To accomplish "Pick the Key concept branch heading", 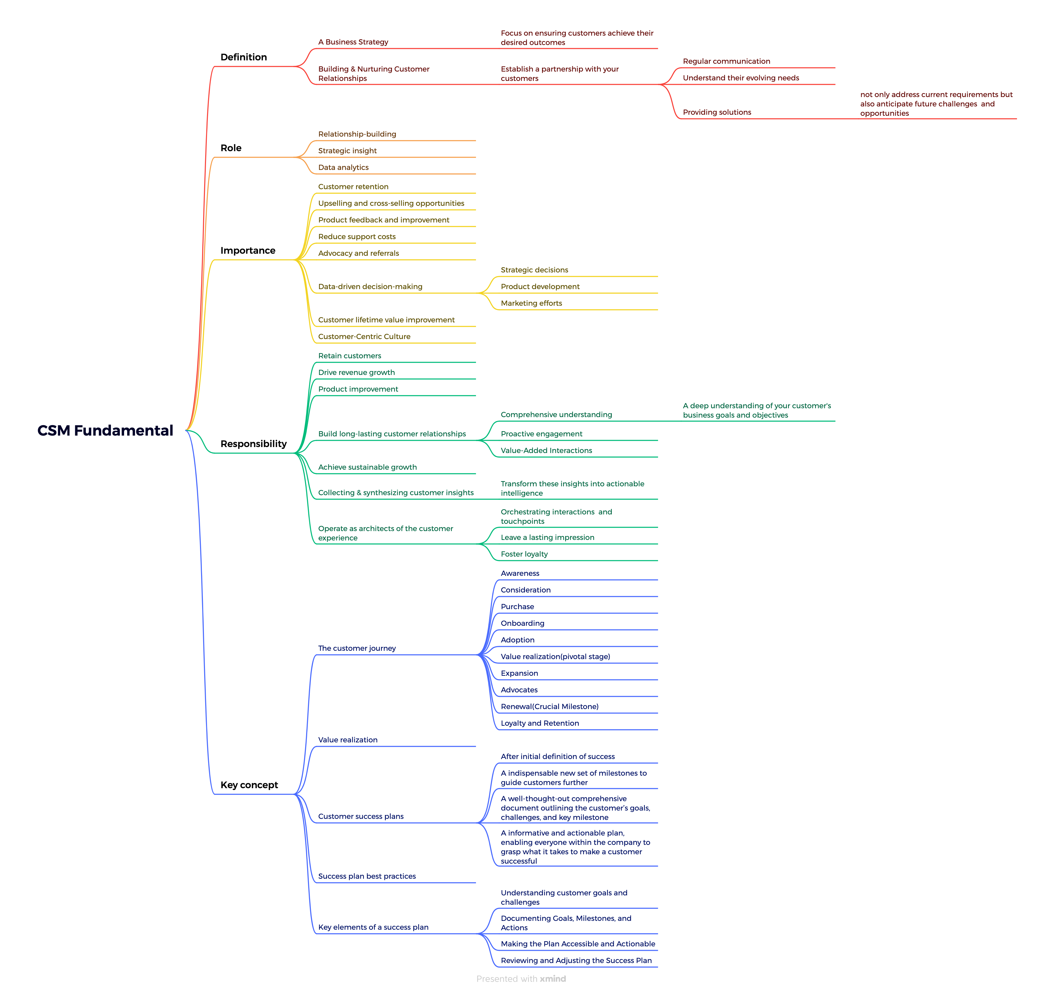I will [249, 785].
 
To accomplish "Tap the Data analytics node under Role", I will [343, 167].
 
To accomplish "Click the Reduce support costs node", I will [357, 237].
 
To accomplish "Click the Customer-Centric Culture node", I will [364, 336].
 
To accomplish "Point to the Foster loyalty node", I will [524, 554].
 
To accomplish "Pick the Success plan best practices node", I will [366, 876].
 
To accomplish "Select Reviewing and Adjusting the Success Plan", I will [576, 961].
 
